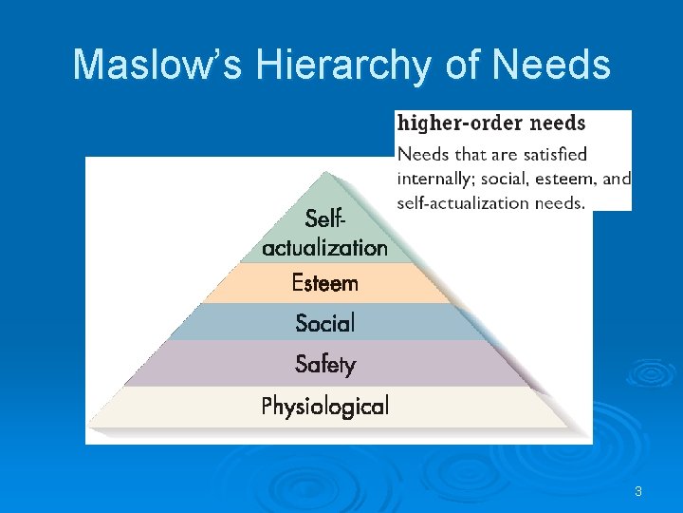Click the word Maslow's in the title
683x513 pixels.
(157, 65)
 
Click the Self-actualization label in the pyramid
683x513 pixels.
(324, 234)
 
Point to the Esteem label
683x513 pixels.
(324, 283)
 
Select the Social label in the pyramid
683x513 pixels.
(324, 323)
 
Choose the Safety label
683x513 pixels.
(324, 364)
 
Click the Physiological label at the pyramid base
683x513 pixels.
(324, 407)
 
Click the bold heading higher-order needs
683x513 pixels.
(490, 123)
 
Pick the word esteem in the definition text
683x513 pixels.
(566, 178)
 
